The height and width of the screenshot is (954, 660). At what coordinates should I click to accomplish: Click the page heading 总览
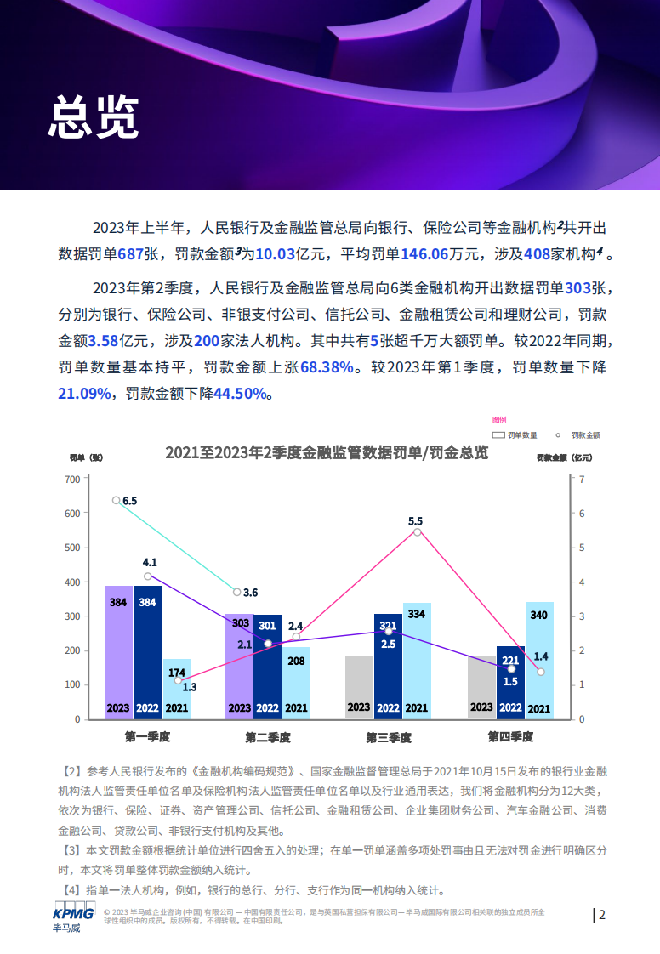(93, 116)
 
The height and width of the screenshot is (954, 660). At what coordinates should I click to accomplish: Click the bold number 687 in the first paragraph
(132, 254)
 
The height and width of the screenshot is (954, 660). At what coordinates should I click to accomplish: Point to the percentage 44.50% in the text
(240, 394)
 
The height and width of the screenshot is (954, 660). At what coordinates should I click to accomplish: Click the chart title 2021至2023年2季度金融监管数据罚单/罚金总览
(327, 452)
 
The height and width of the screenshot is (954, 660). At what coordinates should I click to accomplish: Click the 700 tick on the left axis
(72, 480)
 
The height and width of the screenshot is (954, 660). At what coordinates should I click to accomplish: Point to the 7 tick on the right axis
(582, 480)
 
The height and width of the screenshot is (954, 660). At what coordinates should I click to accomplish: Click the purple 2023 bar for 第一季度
(118, 651)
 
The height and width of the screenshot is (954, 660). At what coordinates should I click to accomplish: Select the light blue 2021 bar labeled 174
(177, 689)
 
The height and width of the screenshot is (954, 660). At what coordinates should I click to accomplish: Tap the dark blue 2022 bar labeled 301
(268, 666)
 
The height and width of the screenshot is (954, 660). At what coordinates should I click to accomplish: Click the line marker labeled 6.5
(117, 500)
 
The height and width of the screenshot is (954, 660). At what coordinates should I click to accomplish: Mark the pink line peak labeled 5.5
(417, 531)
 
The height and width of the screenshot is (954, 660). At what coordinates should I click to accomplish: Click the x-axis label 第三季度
(389, 736)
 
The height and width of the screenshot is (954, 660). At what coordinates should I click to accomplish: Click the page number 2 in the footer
(602, 915)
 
